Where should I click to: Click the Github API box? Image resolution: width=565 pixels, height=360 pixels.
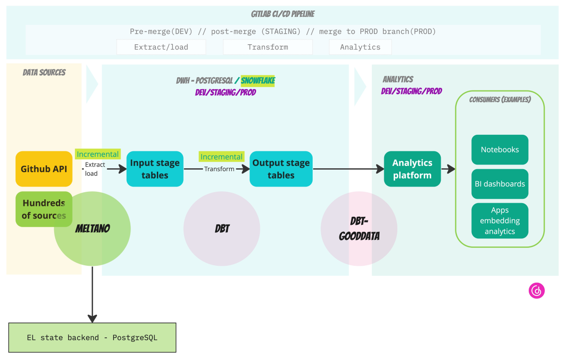coord(44,169)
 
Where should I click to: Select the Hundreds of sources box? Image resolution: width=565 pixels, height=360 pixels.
coord(44,209)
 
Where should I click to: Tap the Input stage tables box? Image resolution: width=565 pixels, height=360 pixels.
coord(155,169)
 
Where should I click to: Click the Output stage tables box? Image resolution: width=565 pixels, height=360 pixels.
coord(281,169)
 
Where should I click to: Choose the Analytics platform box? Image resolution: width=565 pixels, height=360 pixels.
coord(412,169)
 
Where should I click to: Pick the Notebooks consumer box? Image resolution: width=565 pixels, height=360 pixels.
coord(500,150)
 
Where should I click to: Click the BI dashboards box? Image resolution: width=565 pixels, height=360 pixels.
coord(500,184)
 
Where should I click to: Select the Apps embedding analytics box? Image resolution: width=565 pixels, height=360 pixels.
coord(500,221)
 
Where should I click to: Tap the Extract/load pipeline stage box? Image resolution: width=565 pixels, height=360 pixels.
coord(161,47)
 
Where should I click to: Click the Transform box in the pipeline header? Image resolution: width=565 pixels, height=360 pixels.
coord(267,47)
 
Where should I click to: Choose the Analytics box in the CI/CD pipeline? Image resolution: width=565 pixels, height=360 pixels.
coord(360,47)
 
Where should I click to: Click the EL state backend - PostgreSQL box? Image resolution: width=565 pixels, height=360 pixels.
coord(92,337)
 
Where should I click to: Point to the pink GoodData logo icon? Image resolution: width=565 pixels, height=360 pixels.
coord(536,291)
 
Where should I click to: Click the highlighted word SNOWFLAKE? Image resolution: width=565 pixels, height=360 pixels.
coord(258,81)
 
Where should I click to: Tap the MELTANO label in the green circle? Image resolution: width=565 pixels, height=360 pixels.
coord(92,229)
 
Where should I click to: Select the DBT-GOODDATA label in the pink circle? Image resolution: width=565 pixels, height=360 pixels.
coord(359,229)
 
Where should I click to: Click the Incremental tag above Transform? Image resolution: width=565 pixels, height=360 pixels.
coord(221,156)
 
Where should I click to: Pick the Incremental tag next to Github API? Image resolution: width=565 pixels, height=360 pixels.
coord(97,154)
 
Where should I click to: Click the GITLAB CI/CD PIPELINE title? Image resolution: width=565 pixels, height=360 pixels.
coord(282,15)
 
